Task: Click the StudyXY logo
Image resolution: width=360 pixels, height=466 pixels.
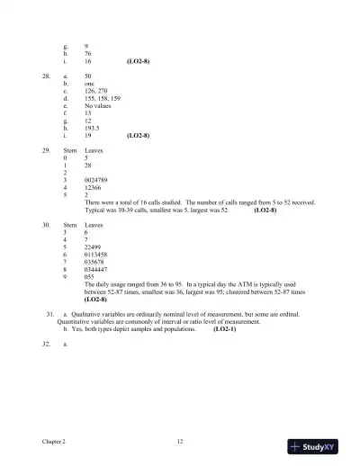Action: click(320, 444)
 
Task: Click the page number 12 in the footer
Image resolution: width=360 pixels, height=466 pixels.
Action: click(180, 441)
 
